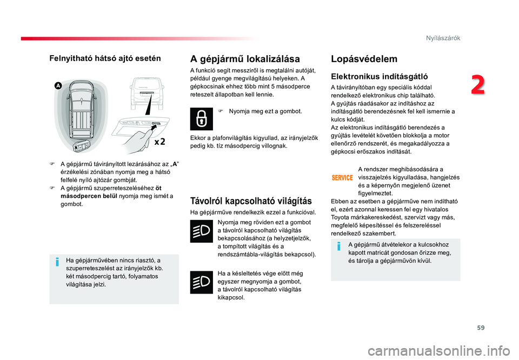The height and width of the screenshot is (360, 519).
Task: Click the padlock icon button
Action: pyautogui.click(x=201, y=119)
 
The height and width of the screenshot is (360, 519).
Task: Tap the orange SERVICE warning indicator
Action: pyautogui.click(x=342, y=178)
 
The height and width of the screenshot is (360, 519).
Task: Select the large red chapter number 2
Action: pyautogui.click(x=478, y=85)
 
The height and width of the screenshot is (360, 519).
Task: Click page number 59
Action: pyautogui.click(x=481, y=328)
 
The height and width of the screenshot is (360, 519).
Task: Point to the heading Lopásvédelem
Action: pyautogui.click(x=364, y=59)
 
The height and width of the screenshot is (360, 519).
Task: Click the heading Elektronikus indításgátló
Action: pyautogui.click(x=380, y=77)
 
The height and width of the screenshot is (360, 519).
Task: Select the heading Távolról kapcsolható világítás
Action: pyautogui.click(x=251, y=201)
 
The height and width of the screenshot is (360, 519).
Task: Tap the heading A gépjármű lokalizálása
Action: pyautogui.click(x=245, y=59)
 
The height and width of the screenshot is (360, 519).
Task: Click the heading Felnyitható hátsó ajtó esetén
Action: pyautogui.click(x=105, y=58)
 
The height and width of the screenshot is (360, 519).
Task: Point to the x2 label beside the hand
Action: pyautogui.click(x=159, y=142)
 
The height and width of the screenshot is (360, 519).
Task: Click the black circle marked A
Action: pyautogui.click(x=58, y=86)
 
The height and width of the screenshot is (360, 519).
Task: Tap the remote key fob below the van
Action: pyautogui.click(x=81, y=146)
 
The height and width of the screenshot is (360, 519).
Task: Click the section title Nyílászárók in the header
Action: pyautogui.click(x=443, y=38)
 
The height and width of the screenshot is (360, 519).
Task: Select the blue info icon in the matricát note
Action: pyautogui.click(x=338, y=246)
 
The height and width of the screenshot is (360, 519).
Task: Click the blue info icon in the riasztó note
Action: pyautogui.click(x=57, y=262)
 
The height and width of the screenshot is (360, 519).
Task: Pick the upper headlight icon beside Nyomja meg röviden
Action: pyautogui.click(x=201, y=231)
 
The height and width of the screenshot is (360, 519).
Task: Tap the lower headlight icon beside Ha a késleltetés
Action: pyautogui.click(x=201, y=282)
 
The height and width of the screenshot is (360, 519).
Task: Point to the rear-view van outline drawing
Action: pyautogui.click(x=147, y=94)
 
